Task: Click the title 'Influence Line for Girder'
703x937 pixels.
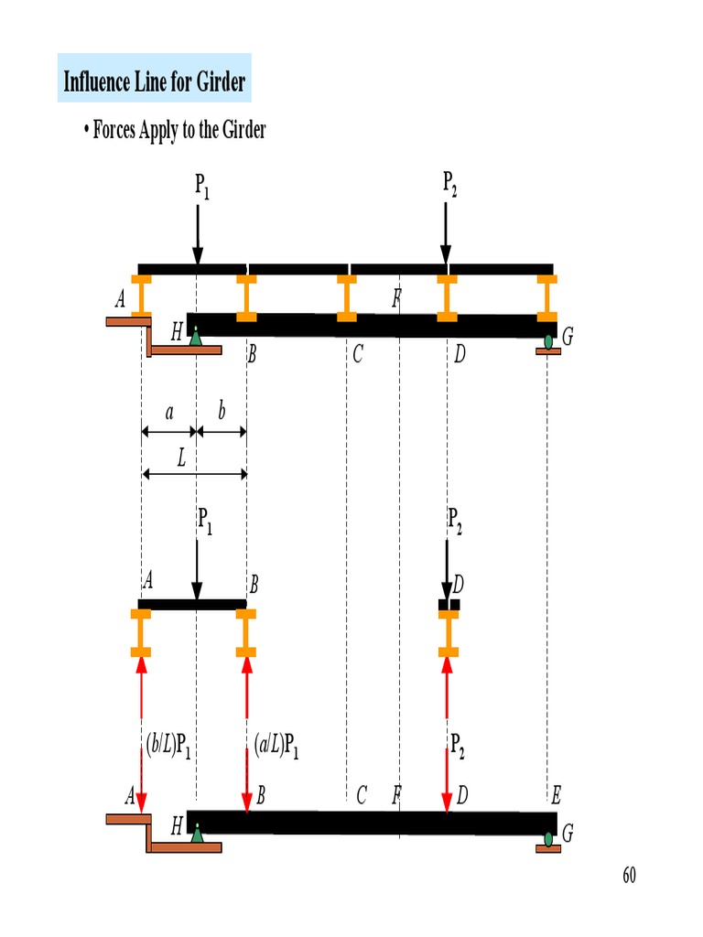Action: [155, 81]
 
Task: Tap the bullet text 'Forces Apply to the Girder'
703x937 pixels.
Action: [178, 130]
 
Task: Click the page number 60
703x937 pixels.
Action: [629, 876]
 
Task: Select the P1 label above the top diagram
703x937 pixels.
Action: [202, 187]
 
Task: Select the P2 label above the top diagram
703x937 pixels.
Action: [450, 185]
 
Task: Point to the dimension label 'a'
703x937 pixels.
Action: [168, 413]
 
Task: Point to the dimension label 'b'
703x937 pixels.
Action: [221, 413]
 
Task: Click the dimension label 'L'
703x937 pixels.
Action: [181, 459]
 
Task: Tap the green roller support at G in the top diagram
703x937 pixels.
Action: [548, 342]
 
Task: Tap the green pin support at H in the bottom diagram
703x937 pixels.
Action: [197, 834]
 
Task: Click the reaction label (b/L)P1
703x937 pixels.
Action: [168, 749]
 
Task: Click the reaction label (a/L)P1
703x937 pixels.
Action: [276, 749]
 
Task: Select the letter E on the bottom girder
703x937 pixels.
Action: [557, 795]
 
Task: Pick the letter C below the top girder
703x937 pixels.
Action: [358, 355]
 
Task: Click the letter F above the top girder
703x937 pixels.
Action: [396, 297]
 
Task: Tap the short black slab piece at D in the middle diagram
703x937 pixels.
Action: [449, 605]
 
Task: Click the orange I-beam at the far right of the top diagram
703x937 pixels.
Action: [547, 296]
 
